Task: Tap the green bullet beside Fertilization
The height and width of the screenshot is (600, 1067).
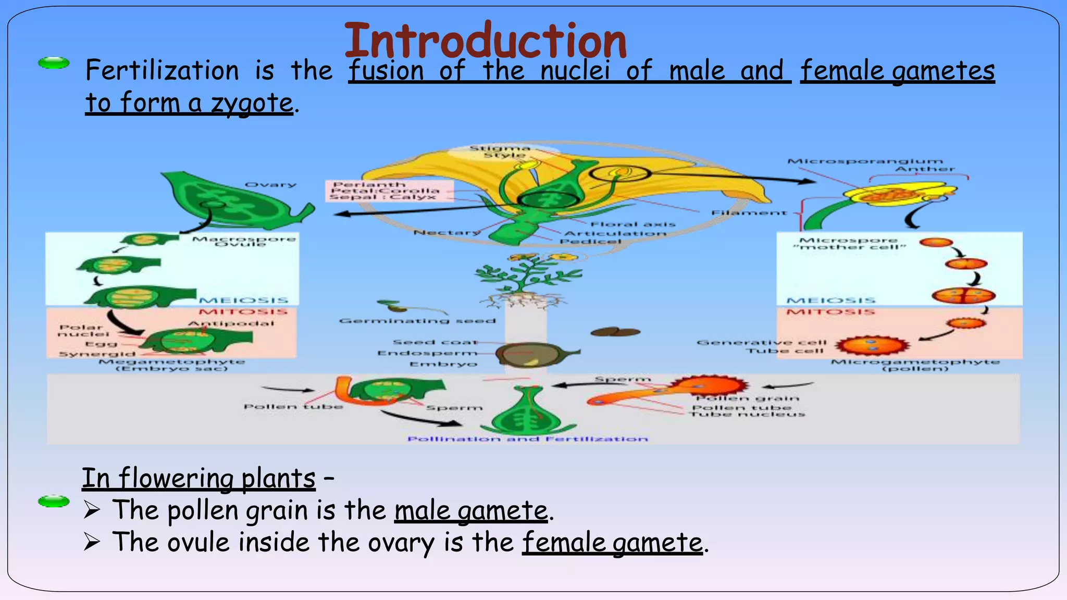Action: click(54, 63)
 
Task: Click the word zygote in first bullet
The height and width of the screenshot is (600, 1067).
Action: click(252, 103)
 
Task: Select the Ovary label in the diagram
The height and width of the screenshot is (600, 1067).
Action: click(270, 185)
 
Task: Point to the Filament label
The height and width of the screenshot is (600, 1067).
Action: click(749, 213)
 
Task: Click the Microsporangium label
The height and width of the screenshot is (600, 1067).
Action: click(865, 161)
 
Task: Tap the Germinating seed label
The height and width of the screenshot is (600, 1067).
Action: click(417, 321)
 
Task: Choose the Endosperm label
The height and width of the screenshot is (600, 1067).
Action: click(427, 353)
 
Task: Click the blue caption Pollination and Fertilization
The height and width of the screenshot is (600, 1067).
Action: click(527, 439)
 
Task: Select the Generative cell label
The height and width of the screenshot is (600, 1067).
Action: click(761, 343)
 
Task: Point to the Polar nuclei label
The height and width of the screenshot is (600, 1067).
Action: click(83, 331)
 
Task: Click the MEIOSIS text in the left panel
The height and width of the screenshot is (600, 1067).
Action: click(243, 301)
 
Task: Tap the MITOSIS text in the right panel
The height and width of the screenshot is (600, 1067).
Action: click(830, 312)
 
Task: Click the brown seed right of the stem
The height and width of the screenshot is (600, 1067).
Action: click(615, 332)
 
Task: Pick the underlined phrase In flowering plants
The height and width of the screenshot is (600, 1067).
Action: click(198, 478)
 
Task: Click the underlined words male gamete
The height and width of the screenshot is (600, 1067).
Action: click(471, 510)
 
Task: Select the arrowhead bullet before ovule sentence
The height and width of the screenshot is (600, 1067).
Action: click(92, 542)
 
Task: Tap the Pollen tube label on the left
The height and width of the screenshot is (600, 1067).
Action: click(293, 406)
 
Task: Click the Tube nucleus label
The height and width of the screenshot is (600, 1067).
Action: click(748, 414)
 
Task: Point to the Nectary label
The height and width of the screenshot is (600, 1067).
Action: click(447, 232)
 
